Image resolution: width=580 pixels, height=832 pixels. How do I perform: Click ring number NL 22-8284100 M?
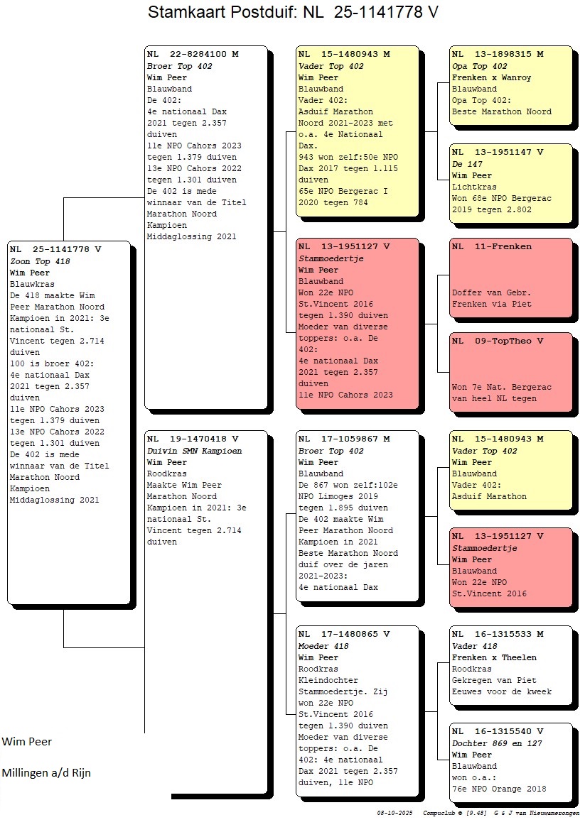(x=193, y=54)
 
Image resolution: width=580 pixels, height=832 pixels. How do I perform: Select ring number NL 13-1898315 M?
(x=498, y=54)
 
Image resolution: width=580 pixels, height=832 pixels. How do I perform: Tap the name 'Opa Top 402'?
(x=480, y=66)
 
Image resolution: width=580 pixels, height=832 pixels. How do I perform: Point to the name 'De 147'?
(x=467, y=164)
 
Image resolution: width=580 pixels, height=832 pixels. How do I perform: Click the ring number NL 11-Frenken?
(x=491, y=247)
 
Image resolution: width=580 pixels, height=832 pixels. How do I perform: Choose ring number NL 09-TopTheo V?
(x=498, y=341)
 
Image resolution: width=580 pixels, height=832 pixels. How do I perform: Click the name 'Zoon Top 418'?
(x=40, y=261)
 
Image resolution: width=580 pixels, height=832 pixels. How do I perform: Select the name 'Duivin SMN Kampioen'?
(x=194, y=451)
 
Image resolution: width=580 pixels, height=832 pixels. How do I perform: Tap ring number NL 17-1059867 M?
(x=344, y=439)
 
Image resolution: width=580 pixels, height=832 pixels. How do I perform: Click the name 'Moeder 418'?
(x=323, y=646)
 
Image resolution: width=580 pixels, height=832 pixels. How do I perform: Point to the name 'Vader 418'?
(x=475, y=646)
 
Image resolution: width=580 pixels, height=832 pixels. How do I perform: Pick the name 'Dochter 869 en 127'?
(x=493, y=743)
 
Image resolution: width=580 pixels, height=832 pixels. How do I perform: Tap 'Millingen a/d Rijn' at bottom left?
(x=46, y=772)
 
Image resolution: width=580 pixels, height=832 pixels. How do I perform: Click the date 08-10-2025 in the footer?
(x=395, y=812)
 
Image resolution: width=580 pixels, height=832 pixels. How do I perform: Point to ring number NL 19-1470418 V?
(x=193, y=439)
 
